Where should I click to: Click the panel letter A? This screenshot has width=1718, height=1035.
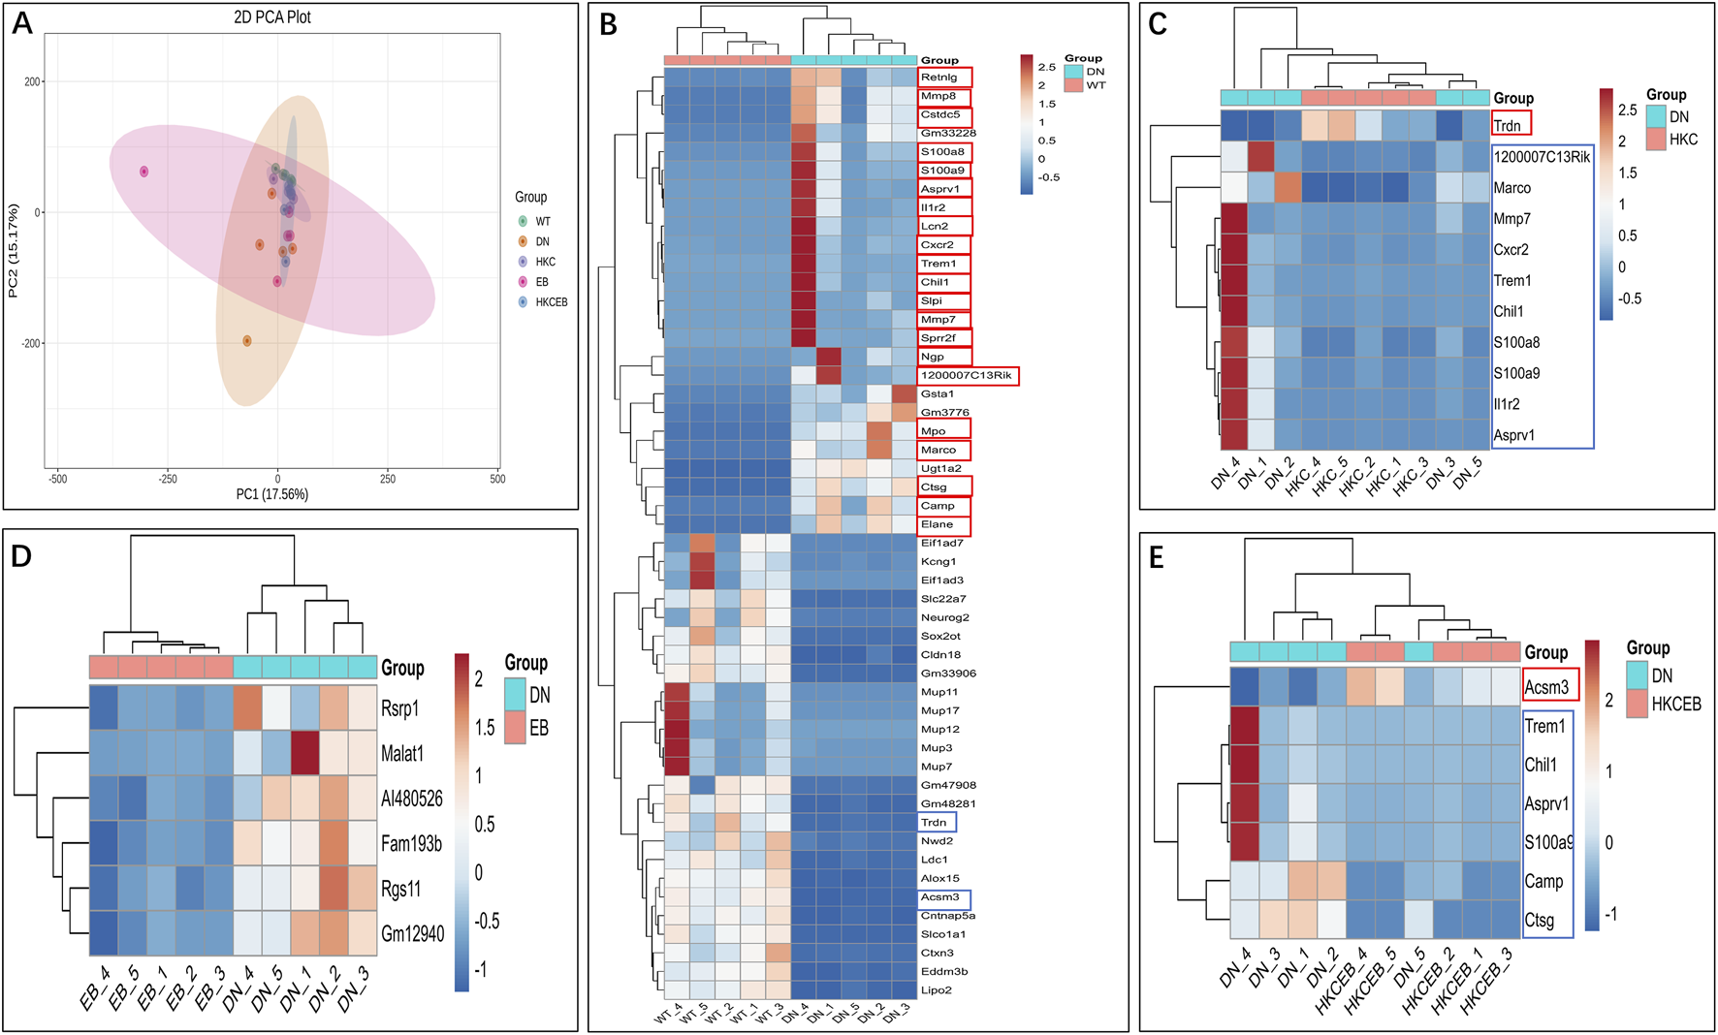[21, 23]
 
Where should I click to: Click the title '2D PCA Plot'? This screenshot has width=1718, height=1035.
[272, 17]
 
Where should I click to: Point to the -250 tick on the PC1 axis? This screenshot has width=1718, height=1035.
[168, 479]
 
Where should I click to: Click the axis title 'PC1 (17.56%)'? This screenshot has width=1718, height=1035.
[272, 494]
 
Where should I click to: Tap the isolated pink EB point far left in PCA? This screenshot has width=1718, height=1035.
[144, 172]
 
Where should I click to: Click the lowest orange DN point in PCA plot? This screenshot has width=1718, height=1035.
[247, 341]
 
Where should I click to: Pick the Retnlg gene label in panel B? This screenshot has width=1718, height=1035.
[939, 78]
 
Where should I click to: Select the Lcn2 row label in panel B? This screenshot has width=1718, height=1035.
[935, 227]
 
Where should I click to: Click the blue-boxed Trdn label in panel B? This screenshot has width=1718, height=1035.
[934, 823]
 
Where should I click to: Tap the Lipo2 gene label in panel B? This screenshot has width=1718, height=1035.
[936, 990]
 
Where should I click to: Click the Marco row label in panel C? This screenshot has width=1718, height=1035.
[1511, 188]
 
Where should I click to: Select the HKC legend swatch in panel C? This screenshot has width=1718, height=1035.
[1655, 140]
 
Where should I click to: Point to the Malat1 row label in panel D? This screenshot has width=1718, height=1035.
[401, 754]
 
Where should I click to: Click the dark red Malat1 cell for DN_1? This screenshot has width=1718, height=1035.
[305, 753]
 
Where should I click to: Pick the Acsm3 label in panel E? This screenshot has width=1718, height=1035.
[1546, 687]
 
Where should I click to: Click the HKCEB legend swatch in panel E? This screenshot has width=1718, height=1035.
[1638, 704]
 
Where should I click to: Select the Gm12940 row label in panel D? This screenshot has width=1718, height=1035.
[412, 934]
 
